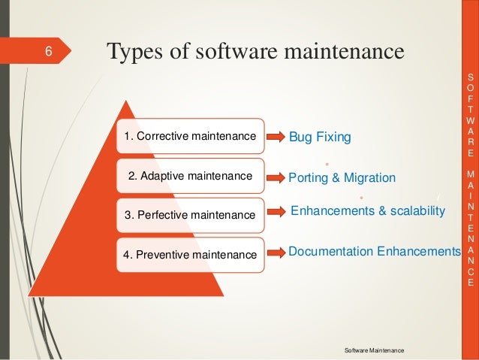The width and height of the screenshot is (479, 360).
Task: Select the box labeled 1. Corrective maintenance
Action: click(189, 136)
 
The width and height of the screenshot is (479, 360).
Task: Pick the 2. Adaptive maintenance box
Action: click(189, 177)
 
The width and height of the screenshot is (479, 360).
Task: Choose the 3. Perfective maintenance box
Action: click(189, 215)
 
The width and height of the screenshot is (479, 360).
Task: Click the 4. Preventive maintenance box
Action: click(189, 255)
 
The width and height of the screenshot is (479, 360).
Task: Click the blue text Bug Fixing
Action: click(320, 138)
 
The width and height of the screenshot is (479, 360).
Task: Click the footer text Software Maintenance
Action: click(373, 351)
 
